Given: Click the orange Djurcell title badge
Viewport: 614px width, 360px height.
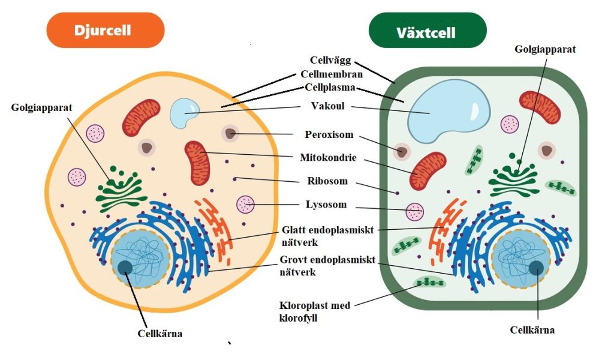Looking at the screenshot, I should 105,30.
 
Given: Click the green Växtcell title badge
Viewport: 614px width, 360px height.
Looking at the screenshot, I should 427,30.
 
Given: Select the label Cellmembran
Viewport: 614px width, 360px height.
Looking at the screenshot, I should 330,74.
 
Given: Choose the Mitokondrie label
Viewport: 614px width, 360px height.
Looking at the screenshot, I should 329,158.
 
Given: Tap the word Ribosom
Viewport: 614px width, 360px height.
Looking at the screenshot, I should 326,181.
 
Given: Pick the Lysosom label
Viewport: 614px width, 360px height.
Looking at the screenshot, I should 326,205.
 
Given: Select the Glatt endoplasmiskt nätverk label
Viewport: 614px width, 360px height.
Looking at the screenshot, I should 328,235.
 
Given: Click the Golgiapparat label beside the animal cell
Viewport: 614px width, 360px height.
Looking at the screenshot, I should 41,108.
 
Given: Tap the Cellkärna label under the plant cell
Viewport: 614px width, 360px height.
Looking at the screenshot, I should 532,330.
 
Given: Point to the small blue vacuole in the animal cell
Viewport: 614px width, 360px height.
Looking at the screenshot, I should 183,112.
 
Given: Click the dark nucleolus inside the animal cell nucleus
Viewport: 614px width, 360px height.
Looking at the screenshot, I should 125,268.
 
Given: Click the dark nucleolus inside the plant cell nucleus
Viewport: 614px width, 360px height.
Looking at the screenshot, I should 536,268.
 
